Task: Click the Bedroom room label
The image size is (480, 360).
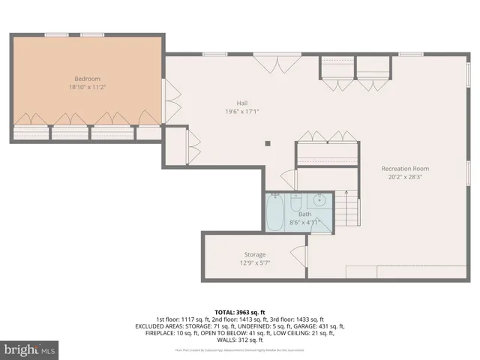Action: point(86,79)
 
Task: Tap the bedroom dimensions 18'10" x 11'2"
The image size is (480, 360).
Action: point(86,88)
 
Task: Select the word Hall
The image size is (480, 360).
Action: point(242,103)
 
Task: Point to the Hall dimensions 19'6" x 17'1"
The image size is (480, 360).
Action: point(242,112)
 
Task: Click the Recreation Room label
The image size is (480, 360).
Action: point(404,169)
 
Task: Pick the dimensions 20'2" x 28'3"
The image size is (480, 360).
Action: point(404,178)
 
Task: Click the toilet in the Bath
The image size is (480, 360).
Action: point(295,203)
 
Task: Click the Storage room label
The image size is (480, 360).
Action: point(254,255)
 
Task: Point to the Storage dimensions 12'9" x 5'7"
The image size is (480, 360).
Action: point(254,263)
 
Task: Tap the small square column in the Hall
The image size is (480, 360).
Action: point(268,142)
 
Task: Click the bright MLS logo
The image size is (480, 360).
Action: point(30,349)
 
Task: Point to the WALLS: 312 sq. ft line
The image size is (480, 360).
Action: point(240,338)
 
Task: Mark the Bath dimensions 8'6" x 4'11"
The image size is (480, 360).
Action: point(304,222)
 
